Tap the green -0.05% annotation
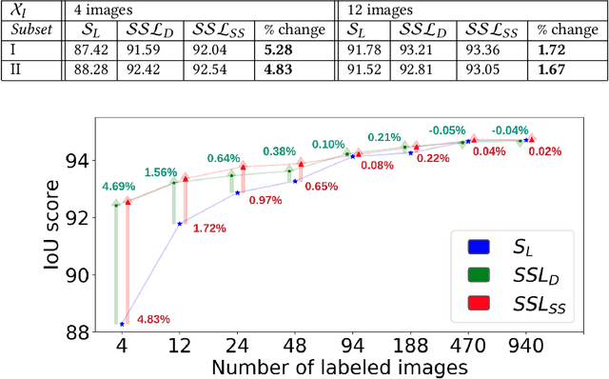pos(446,130)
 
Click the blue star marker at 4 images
pos(122,324)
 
